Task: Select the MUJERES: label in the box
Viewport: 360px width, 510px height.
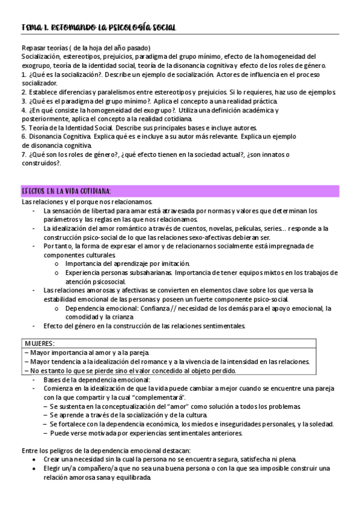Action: [x=40, y=343]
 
